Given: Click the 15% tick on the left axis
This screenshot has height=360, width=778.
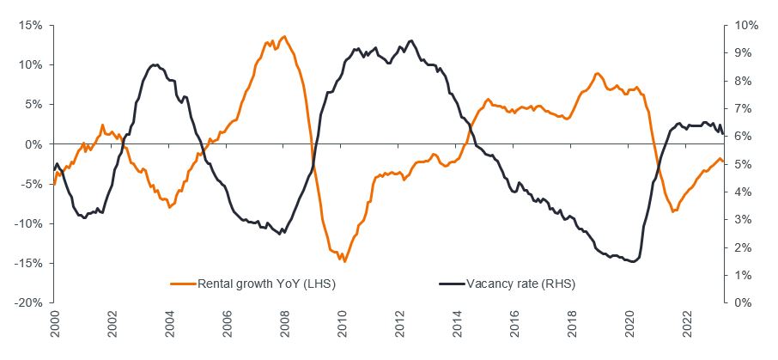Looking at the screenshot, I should (32, 25).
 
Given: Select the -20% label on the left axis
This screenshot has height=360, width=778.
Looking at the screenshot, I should (30, 302).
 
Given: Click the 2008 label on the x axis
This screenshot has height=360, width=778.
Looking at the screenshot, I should (285, 326).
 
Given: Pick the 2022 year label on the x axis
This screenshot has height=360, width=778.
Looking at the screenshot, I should (687, 326).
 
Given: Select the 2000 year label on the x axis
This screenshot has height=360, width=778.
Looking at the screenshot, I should (55, 326).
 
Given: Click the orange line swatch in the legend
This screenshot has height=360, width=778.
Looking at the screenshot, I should (184, 282).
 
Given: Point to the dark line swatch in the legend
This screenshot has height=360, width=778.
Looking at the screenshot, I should (451, 282).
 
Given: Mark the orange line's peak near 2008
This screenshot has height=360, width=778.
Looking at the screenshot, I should (284, 36).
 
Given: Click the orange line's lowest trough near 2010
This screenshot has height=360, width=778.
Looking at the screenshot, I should (343, 260).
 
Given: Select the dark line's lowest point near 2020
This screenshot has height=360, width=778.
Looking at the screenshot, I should (633, 262).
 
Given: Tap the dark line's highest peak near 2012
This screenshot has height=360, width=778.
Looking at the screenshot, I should (411, 40).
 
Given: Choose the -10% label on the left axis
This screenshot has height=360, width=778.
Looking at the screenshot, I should (30, 223).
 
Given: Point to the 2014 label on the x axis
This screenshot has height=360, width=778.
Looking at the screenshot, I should (458, 326).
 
